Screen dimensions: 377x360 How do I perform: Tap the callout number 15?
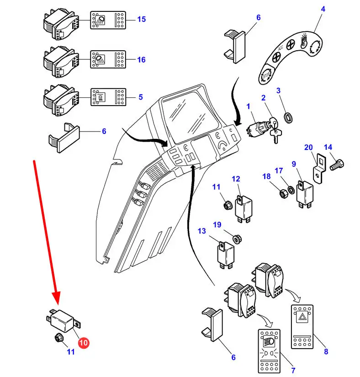click(141, 19)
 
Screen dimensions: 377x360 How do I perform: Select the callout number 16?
click(141, 59)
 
